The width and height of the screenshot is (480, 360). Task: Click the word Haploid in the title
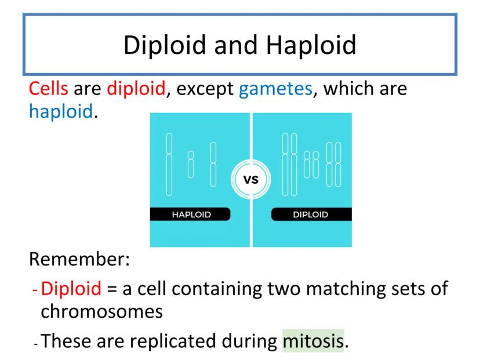tap(311, 45)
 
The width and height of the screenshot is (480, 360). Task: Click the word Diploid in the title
tap(165, 45)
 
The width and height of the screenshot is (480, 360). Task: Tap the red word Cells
tap(48, 89)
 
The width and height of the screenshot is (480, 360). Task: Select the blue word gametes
tap(275, 89)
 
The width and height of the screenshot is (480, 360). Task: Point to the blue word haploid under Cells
tap(61, 111)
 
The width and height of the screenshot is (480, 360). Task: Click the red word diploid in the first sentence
tap(136, 89)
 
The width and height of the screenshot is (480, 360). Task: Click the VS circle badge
tap(250, 179)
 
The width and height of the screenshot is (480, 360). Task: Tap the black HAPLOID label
tap(190, 214)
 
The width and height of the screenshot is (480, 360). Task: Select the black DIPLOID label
tap(312, 214)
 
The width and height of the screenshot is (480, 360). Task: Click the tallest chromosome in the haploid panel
tap(169, 165)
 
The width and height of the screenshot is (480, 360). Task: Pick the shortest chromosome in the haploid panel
tap(191, 165)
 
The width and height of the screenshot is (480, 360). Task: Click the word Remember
tap(79, 259)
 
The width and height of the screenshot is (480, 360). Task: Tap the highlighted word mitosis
tap(313, 341)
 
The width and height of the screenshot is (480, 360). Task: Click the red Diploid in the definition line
tap(71, 288)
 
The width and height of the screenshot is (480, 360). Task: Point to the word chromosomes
tap(101, 312)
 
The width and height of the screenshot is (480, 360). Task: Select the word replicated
tap(172, 341)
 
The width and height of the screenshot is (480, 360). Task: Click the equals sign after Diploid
tap(112, 289)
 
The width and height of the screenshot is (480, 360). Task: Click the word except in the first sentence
tap(205, 89)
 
